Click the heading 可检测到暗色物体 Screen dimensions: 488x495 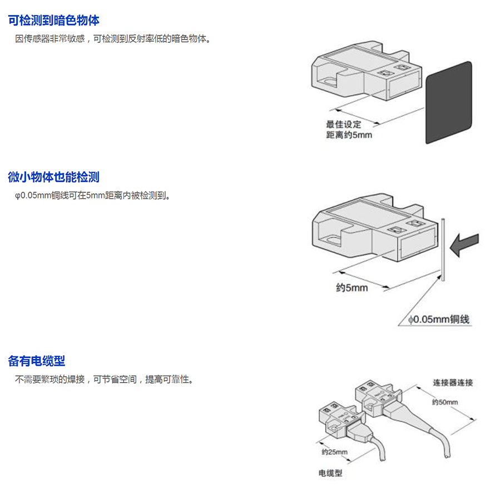pos(54,21)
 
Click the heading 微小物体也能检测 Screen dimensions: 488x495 pos(54,177)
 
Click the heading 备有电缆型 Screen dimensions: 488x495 pos(37,361)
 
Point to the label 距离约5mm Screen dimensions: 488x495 pos(349,135)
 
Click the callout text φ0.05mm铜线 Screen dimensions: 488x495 pos(439,319)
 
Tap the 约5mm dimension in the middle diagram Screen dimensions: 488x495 pos(352,288)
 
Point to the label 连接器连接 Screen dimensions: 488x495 pos(453,383)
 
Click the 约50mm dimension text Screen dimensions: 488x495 pos(445,402)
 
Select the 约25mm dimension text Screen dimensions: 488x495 pos(334,452)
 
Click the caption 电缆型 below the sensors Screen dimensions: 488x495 pos(330,474)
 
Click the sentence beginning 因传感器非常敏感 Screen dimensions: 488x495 pos(113,39)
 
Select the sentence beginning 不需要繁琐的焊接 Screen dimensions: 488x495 pos(104,380)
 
